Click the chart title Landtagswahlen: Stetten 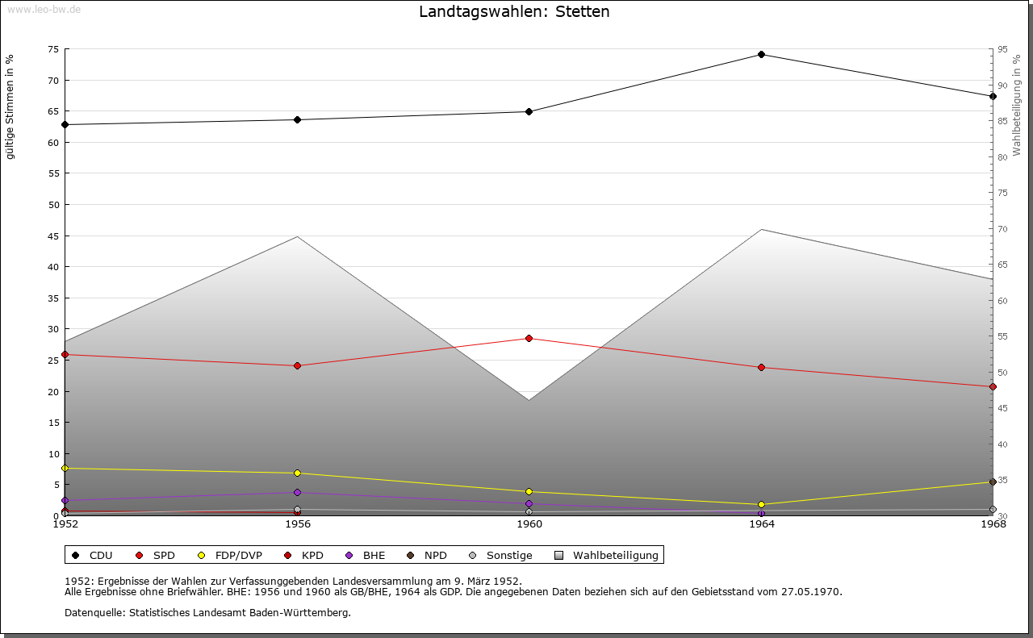tap(514, 12)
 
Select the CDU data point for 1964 tap(761, 55)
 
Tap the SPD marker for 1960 tap(529, 338)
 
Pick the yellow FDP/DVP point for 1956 tap(298, 473)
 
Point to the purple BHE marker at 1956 tap(298, 492)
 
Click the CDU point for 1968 tap(993, 96)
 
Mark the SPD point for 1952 tap(65, 355)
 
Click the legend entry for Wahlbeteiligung tap(615, 556)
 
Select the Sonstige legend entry tap(508, 556)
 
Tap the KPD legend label tap(312, 556)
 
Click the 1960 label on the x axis tap(529, 524)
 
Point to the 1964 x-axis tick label tap(761, 524)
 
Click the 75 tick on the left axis tap(53, 49)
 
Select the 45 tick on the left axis tap(53, 236)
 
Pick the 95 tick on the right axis tap(1002, 49)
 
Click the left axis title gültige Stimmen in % tap(10, 106)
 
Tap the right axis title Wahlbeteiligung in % tap(1017, 106)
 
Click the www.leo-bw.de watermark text tap(44, 9)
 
